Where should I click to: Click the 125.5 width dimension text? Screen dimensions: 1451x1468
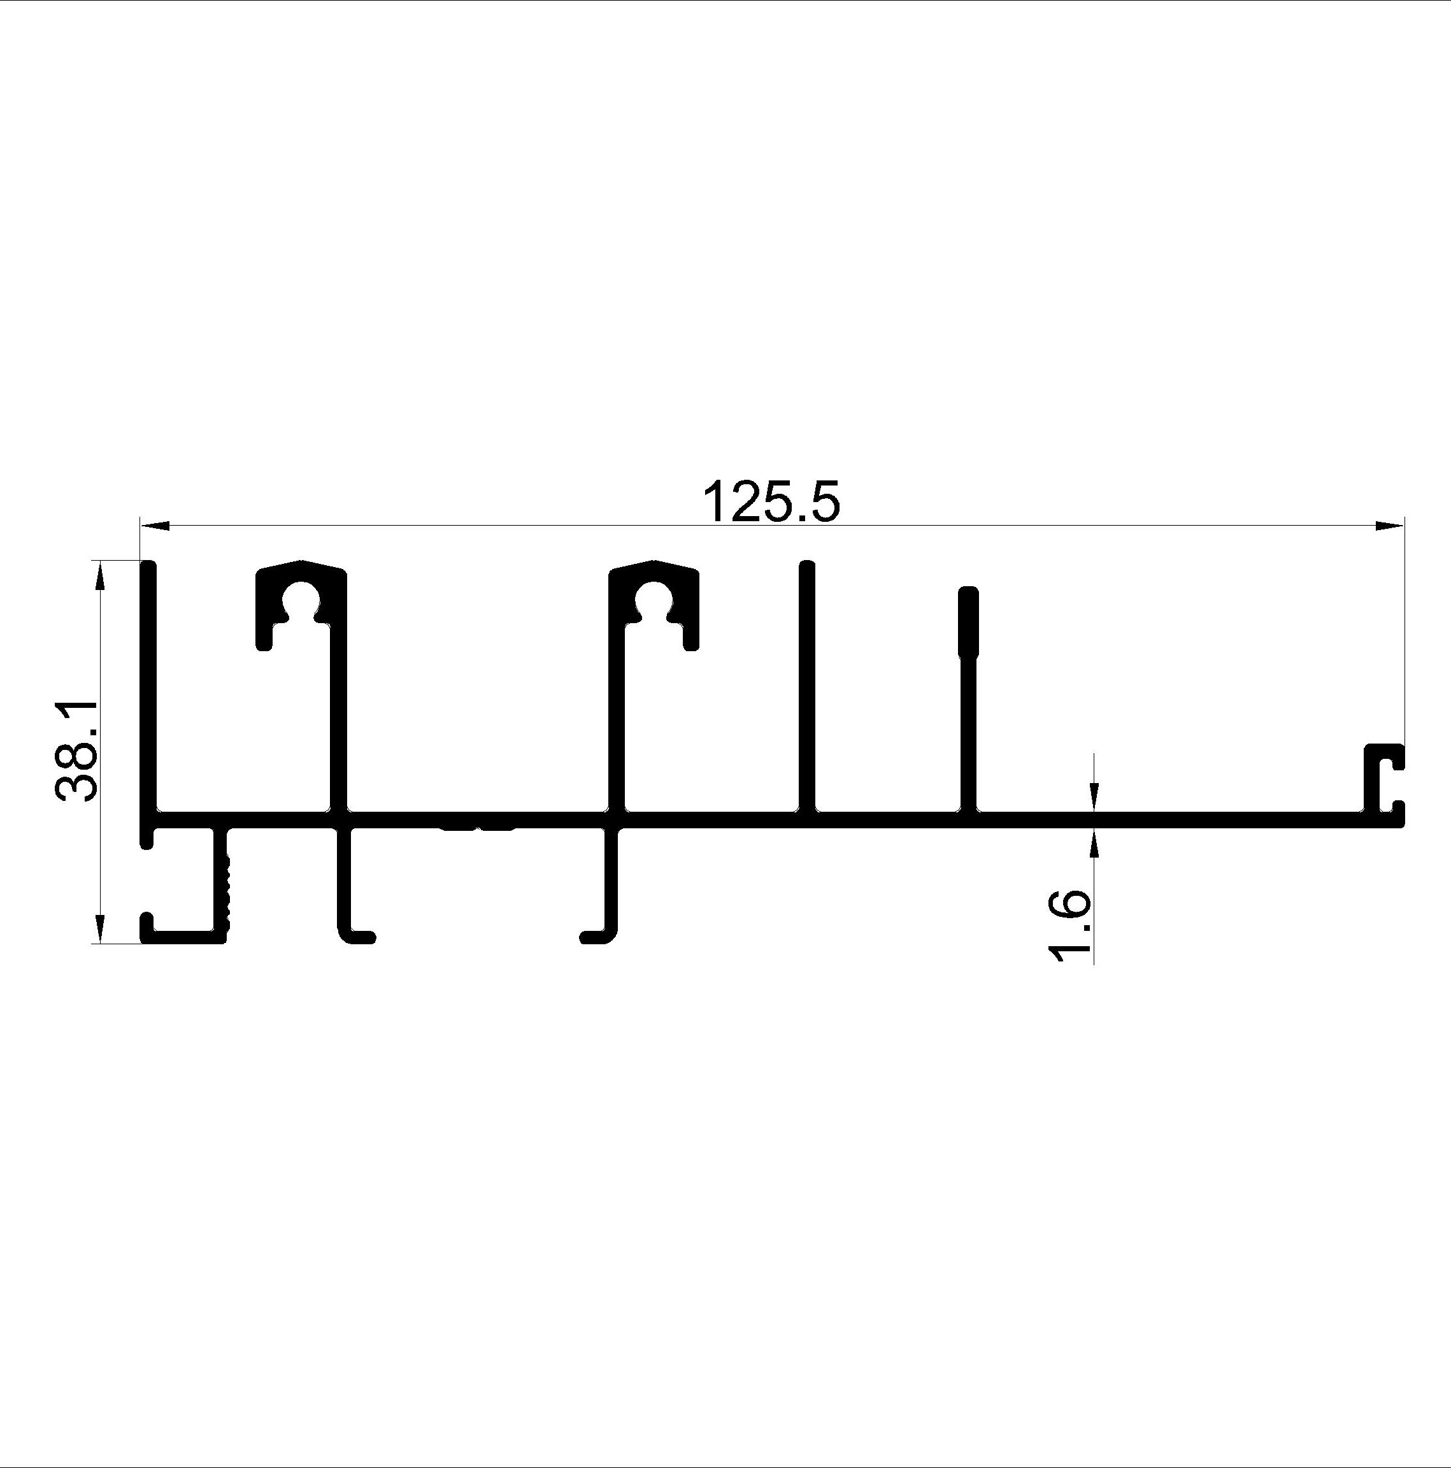tap(772, 501)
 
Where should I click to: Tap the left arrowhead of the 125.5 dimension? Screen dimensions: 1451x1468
tap(155, 524)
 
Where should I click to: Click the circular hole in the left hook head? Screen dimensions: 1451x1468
tap(301, 601)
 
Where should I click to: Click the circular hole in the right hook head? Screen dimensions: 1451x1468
tap(654, 601)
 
